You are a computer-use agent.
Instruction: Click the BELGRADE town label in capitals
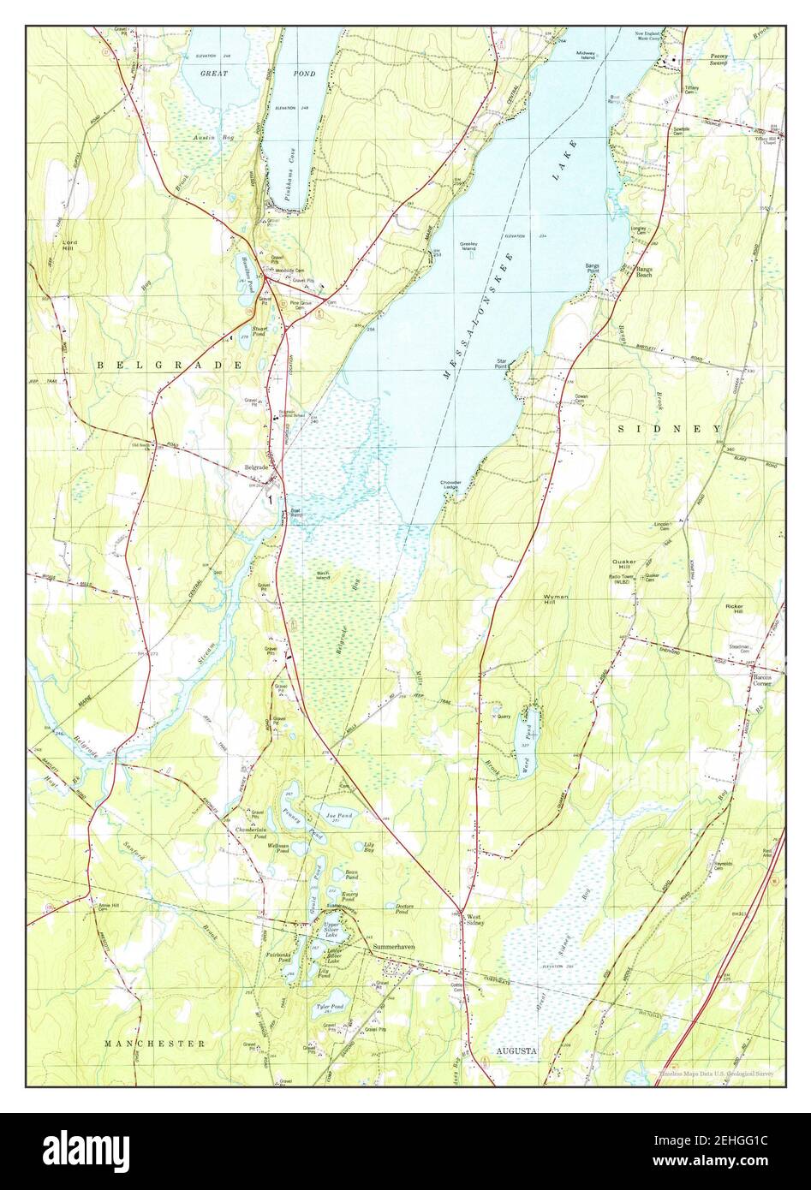tap(169, 365)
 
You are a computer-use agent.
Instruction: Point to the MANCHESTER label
tap(154, 1044)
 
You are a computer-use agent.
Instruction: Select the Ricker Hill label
tap(735, 609)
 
